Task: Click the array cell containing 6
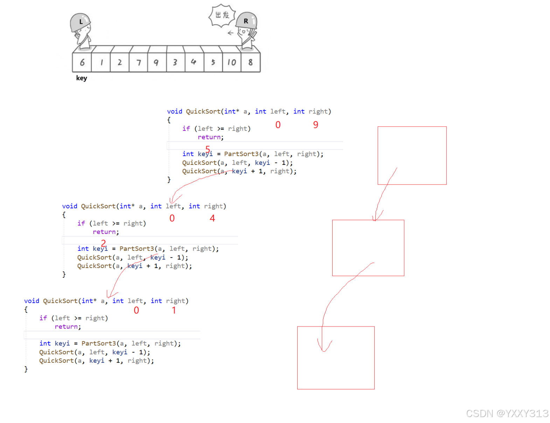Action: pos(82,62)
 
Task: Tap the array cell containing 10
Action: pos(231,62)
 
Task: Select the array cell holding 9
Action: pos(156,62)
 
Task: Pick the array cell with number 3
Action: pos(175,62)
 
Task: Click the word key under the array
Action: pos(82,78)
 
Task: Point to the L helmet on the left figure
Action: pos(80,22)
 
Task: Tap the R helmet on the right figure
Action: pos(246,21)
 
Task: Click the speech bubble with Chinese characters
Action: pos(222,15)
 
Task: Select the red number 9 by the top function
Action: pos(315,125)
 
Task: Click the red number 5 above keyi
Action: pos(208,149)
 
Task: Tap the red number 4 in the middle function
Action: pos(212,218)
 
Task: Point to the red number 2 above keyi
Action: pos(103,243)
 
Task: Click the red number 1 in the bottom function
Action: pos(174,310)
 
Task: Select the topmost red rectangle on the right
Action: pos(412,155)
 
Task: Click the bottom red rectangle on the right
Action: pos(335,357)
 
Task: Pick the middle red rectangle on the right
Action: pos(368,248)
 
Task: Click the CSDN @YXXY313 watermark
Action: pos(507,413)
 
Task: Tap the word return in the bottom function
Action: pos(68,327)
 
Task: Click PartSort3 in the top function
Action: pos(241,154)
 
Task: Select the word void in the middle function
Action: pos(69,206)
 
